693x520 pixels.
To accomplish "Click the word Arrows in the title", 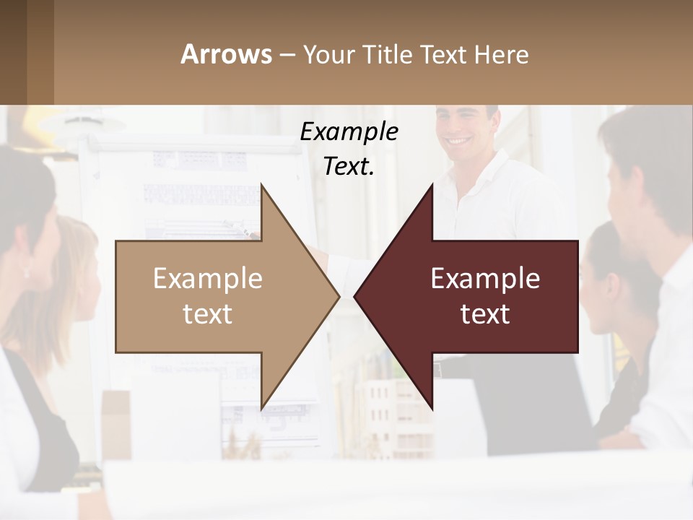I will coord(226,54).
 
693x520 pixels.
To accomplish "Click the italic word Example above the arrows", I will coord(349,131).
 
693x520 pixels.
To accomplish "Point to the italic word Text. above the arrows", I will coord(349,166).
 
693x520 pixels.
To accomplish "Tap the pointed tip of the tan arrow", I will coord(337,296).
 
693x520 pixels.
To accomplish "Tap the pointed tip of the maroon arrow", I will coord(356,296).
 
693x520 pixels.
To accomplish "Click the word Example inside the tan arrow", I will coord(208,279).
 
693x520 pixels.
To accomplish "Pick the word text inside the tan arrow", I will coord(208,314).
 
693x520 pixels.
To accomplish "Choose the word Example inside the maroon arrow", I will coord(485,279).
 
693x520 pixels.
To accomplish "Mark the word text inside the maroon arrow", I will coord(485,314).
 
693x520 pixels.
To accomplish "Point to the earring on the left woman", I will coord(27,272).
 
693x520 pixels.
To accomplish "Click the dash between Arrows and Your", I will coord(287,55).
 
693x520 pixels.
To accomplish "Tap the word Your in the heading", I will coord(328,55).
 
